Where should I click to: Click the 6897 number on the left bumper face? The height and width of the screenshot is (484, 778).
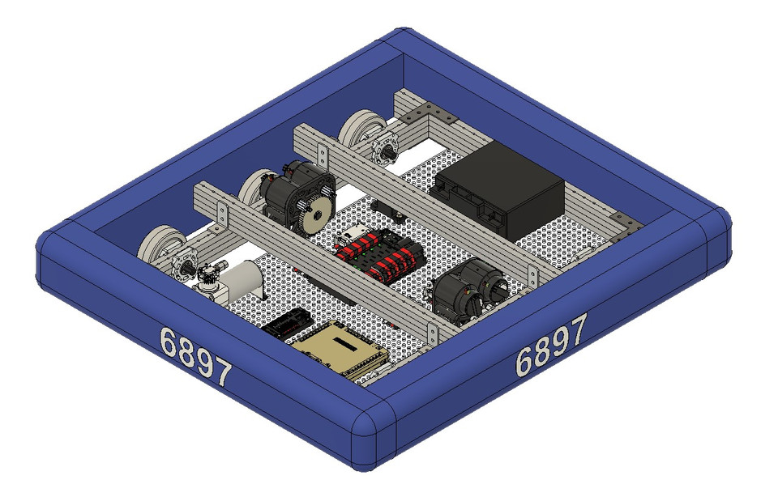tap(195, 356)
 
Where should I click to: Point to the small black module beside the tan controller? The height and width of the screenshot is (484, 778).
tap(284, 324)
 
